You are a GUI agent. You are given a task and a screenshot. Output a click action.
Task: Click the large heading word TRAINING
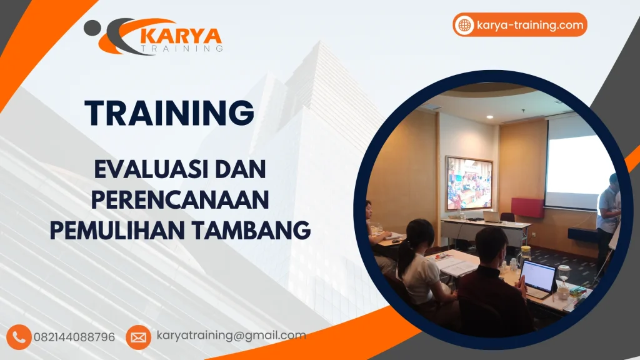pyautogui.click(x=169, y=113)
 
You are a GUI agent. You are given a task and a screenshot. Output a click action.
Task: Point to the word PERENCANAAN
pyautogui.click(x=181, y=200)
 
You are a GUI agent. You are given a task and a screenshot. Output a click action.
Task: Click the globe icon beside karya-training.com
pyautogui.click(x=464, y=25)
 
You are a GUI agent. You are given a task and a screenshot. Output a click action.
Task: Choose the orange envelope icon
pyautogui.click(x=138, y=337)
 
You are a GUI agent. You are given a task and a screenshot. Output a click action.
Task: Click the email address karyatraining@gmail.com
pyautogui.click(x=231, y=336)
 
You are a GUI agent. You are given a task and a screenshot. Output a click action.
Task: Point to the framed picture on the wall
pyautogui.click(x=469, y=183)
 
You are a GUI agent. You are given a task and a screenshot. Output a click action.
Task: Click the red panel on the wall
pyautogui.click(x=526, y=207)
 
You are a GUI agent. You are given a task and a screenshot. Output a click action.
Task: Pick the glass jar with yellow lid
pyautogui.click(x=526, y=253)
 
